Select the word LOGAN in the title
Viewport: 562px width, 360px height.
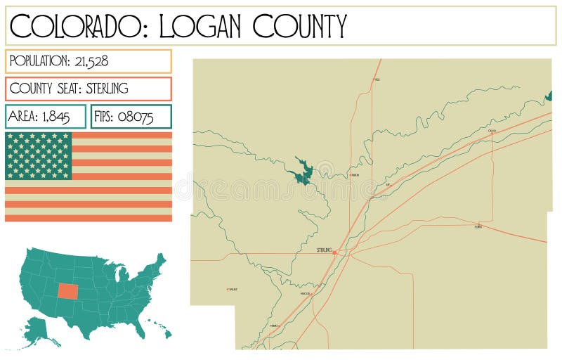tap(200, 26)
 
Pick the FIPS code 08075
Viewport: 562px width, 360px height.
tap(136, 117)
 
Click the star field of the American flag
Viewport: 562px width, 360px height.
tap(39, 155)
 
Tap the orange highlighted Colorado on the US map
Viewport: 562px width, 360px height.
tap(69, 290)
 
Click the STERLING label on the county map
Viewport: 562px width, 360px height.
tap(324, 250)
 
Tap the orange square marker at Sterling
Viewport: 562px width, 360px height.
tap(334, 252)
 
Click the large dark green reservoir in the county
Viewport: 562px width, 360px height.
tap(303, 171)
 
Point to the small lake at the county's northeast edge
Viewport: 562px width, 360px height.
tap(548, 96)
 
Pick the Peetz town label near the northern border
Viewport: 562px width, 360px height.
tap(377, 79)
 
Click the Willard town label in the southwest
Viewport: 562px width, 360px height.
tap(233, 289)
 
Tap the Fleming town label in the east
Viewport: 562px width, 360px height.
tap(478, 226)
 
